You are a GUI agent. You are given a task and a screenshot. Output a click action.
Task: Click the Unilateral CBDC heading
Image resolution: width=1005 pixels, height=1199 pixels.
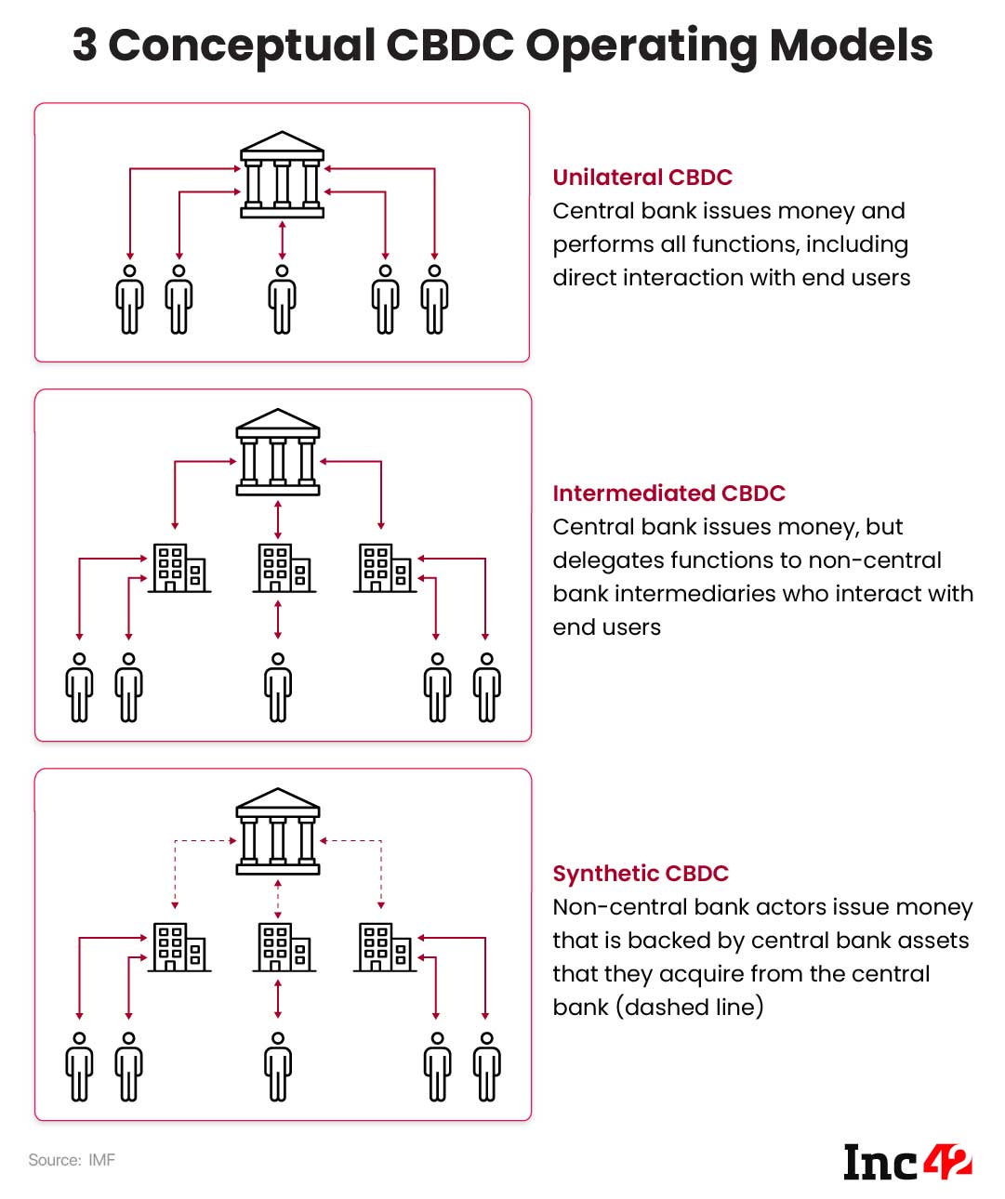coord(642,178)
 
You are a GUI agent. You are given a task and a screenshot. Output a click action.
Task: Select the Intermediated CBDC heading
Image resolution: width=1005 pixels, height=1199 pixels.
coord(668,494)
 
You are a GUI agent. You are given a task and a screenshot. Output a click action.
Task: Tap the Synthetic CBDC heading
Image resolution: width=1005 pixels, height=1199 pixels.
coord(641,874)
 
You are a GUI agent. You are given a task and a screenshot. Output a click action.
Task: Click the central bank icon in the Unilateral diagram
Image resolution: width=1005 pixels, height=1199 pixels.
coord(282,175)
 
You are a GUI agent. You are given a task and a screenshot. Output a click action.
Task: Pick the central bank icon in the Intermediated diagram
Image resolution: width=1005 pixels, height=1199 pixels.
coord(278,452)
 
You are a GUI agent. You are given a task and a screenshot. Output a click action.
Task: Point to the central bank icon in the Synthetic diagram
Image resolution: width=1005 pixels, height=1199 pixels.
coord(278,832)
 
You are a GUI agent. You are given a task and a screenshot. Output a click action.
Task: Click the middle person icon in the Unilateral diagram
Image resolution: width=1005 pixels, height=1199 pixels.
coord(282,298)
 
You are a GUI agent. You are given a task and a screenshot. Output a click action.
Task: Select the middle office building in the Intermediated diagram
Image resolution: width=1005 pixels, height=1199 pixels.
coord(284,569)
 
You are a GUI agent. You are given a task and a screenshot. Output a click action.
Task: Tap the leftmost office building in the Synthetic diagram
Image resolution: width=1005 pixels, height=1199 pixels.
coord(179,948)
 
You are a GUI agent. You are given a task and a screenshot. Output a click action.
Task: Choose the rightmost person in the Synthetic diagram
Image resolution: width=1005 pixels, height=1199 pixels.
coord(486,1067)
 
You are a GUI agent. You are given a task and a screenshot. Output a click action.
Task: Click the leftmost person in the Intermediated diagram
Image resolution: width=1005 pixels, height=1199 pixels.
coord(80,687)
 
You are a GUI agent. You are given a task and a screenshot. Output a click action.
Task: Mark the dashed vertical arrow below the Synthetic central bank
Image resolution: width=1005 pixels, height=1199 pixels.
coord(278,897)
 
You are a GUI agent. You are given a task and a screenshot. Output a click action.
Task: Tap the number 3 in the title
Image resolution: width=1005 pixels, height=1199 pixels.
coord(85,45)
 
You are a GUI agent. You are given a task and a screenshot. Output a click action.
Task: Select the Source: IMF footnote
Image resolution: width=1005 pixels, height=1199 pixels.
coord(72,1160)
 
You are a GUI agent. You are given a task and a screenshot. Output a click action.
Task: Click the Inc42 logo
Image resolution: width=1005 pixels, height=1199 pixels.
coord(906,1162)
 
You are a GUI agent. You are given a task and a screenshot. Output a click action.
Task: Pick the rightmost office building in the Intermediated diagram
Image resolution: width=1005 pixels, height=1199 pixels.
coord(386,569)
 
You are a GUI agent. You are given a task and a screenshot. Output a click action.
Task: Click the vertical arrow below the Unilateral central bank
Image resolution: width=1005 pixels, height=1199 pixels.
coord(282,240)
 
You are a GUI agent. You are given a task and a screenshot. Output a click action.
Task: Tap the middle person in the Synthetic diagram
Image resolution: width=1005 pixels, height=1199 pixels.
coord(278,1067)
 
